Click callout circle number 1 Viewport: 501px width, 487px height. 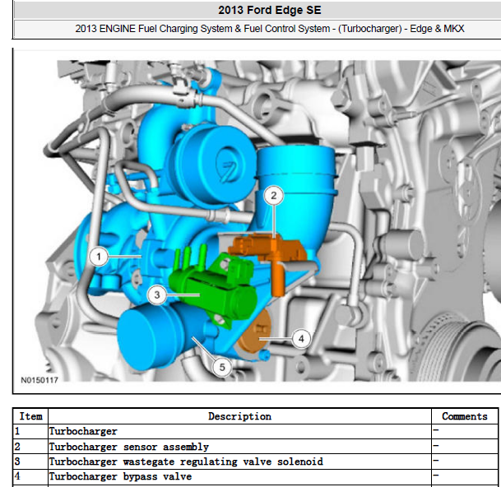click(x=99, y=257)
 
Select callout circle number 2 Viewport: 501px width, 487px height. click(x=274, y=195)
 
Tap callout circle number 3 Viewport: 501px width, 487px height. click(x=156, y=295)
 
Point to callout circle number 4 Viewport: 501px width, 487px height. click(x=301, y=338)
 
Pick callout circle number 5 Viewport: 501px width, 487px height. click(x=222, y=367)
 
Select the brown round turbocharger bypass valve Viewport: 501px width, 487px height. click(x=255, y=332)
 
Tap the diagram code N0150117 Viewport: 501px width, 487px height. click(x=39, y=380)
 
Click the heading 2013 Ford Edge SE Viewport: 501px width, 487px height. click(x=270, y=10)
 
